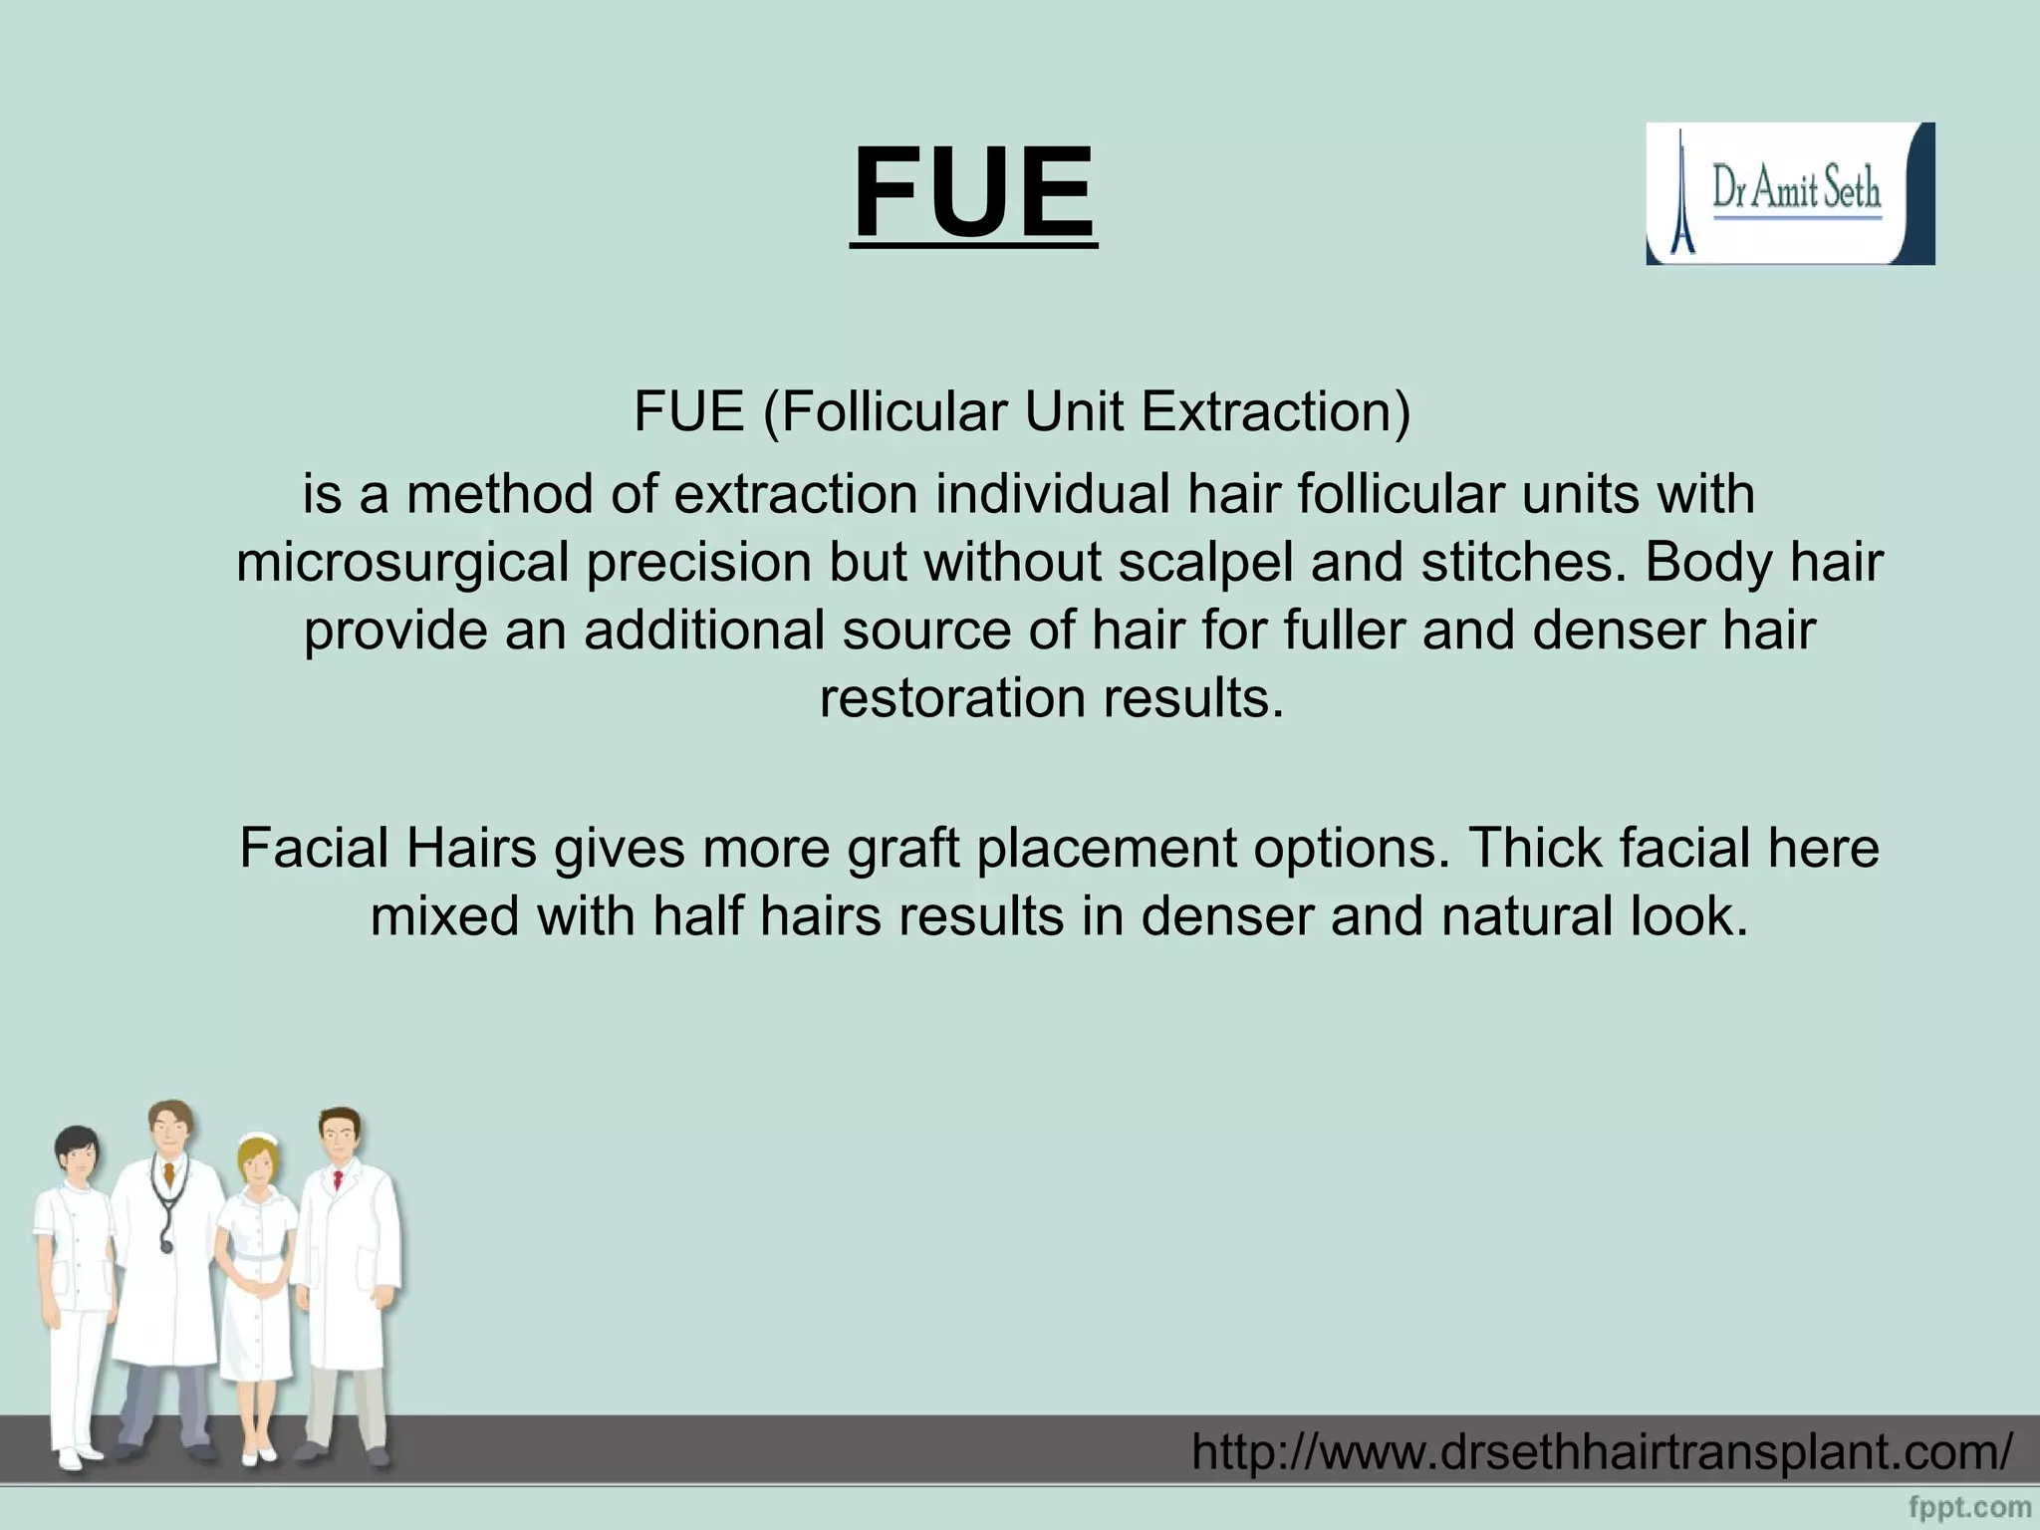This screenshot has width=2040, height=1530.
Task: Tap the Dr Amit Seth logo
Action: tap(1790, 193)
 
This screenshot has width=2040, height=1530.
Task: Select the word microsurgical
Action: tap(402, 563)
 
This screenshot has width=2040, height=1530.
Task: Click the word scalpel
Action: tap(1205, 563)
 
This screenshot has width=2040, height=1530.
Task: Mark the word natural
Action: tap(1527, 916)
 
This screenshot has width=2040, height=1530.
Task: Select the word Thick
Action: tap(1535, 849)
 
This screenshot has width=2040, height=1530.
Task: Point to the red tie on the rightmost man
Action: tap(338, 1181)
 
